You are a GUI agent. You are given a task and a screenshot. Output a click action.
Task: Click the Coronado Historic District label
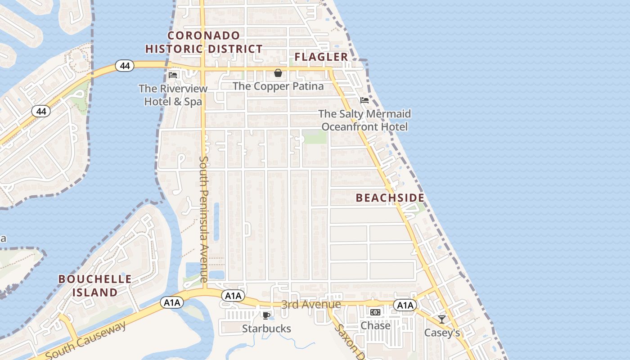[x=204, y=42]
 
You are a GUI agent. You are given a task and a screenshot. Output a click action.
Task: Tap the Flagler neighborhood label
[x=321, y=57]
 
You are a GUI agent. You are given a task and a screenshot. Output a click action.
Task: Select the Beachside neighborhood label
[x=390, y=198]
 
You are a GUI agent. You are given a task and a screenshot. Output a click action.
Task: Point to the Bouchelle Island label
[x=95, y=285]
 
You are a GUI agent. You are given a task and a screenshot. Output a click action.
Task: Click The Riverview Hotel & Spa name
[x=173, y=95]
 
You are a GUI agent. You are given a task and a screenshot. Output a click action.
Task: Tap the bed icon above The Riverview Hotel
[x=173, y=75]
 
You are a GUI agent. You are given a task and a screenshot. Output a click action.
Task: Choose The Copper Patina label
[x=278, y=86]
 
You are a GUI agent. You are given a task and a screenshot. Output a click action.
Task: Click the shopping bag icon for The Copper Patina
[x=278, y=73]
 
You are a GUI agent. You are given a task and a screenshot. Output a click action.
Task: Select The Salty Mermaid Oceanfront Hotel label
[x=364, y=120]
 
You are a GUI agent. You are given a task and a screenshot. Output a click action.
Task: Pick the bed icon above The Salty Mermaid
[x=364, y=100]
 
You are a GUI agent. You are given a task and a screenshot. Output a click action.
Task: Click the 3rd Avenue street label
[x=311, y=305]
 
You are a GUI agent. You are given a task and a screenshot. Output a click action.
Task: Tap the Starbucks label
[x=266, y=328]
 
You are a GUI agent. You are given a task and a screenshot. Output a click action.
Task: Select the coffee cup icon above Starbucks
[x=266, y=315]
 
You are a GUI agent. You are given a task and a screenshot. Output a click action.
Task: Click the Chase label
[x=375, y=325]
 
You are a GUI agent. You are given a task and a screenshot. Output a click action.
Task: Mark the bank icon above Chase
[x=375, y=312]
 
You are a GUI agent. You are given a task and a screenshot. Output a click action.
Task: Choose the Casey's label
[x=442, y=333]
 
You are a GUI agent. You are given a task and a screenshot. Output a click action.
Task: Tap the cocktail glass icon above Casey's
[x=442, y=319]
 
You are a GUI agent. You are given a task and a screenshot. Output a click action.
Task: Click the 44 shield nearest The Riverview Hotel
[x=125, y=66]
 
